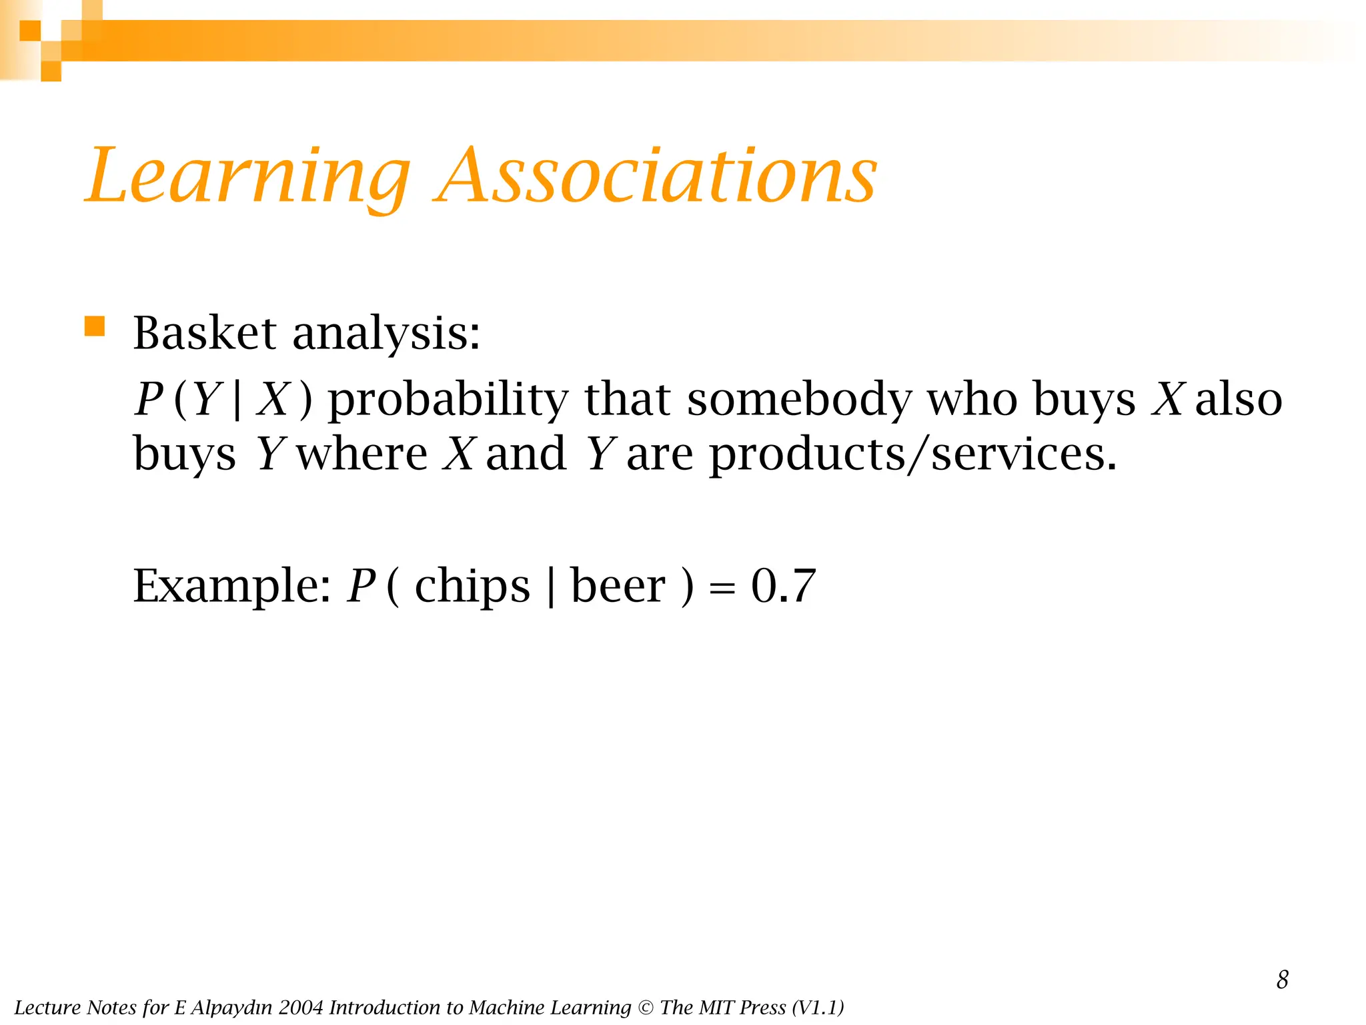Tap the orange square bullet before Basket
pos(95,327)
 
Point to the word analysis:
pos(386,334)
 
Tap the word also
pos(1239,399)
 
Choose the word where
pos(362,454)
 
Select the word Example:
pos(231,586)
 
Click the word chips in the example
pos(472,586)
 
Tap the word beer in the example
pos(618,586)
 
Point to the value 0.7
pos(783,586)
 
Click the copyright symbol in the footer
pos(646,1008)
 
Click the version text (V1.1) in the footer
pos(818,1008)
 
